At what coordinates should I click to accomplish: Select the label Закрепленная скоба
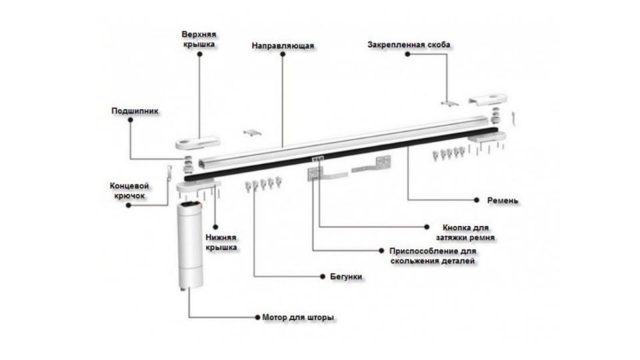(x=409, y=45)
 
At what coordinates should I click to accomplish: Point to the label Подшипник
(x=135, y=111)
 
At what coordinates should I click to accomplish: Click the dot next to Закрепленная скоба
(x=406, y=57)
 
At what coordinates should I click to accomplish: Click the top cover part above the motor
(x=197, y=141)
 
